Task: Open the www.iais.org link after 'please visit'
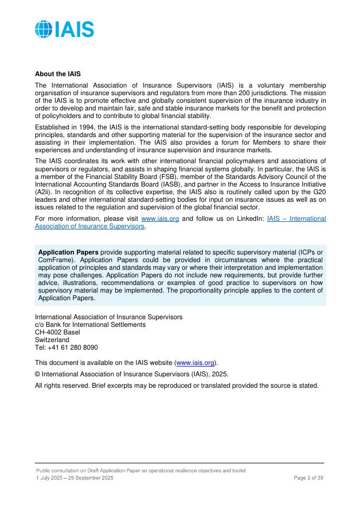(x=160, y=219)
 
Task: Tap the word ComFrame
(x=53, y=260)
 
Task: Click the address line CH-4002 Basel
(x=57, y=332)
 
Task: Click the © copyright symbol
(x=38, y=374)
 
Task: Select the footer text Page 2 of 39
(x=308, y=477)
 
